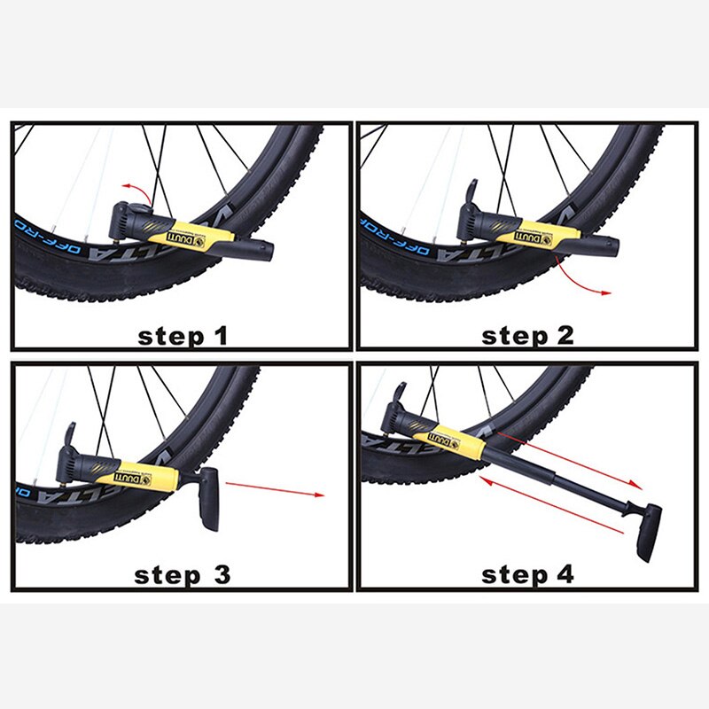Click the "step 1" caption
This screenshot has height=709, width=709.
(183, 336)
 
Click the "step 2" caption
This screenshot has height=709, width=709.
(527, 336)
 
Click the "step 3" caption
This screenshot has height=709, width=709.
(183, 574)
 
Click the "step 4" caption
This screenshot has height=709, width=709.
(527, 574)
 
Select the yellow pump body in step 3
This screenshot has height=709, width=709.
(142, 474)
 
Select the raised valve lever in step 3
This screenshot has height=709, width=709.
(69, 433)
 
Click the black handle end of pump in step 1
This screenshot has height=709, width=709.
(257, 252)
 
